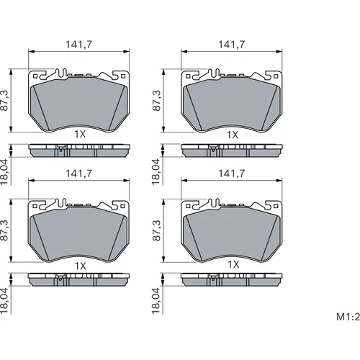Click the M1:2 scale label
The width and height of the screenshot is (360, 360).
(x=348, y=317)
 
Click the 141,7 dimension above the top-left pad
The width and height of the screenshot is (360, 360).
(x=79, y=45)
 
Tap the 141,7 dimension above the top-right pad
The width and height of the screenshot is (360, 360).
(x=232, y=45)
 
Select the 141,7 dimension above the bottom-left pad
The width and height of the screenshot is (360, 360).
(x=79, y=174)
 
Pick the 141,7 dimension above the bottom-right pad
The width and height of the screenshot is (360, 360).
(x=232, y=174)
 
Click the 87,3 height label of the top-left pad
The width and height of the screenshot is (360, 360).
(x=4, y=100)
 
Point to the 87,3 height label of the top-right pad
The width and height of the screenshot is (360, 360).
(x=156, y=100)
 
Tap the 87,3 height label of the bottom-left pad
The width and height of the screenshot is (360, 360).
(x=4, y=230)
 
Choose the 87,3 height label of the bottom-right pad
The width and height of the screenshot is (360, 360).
(x=156, y=230)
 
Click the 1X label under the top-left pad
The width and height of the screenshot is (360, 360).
(x=80, y=134)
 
